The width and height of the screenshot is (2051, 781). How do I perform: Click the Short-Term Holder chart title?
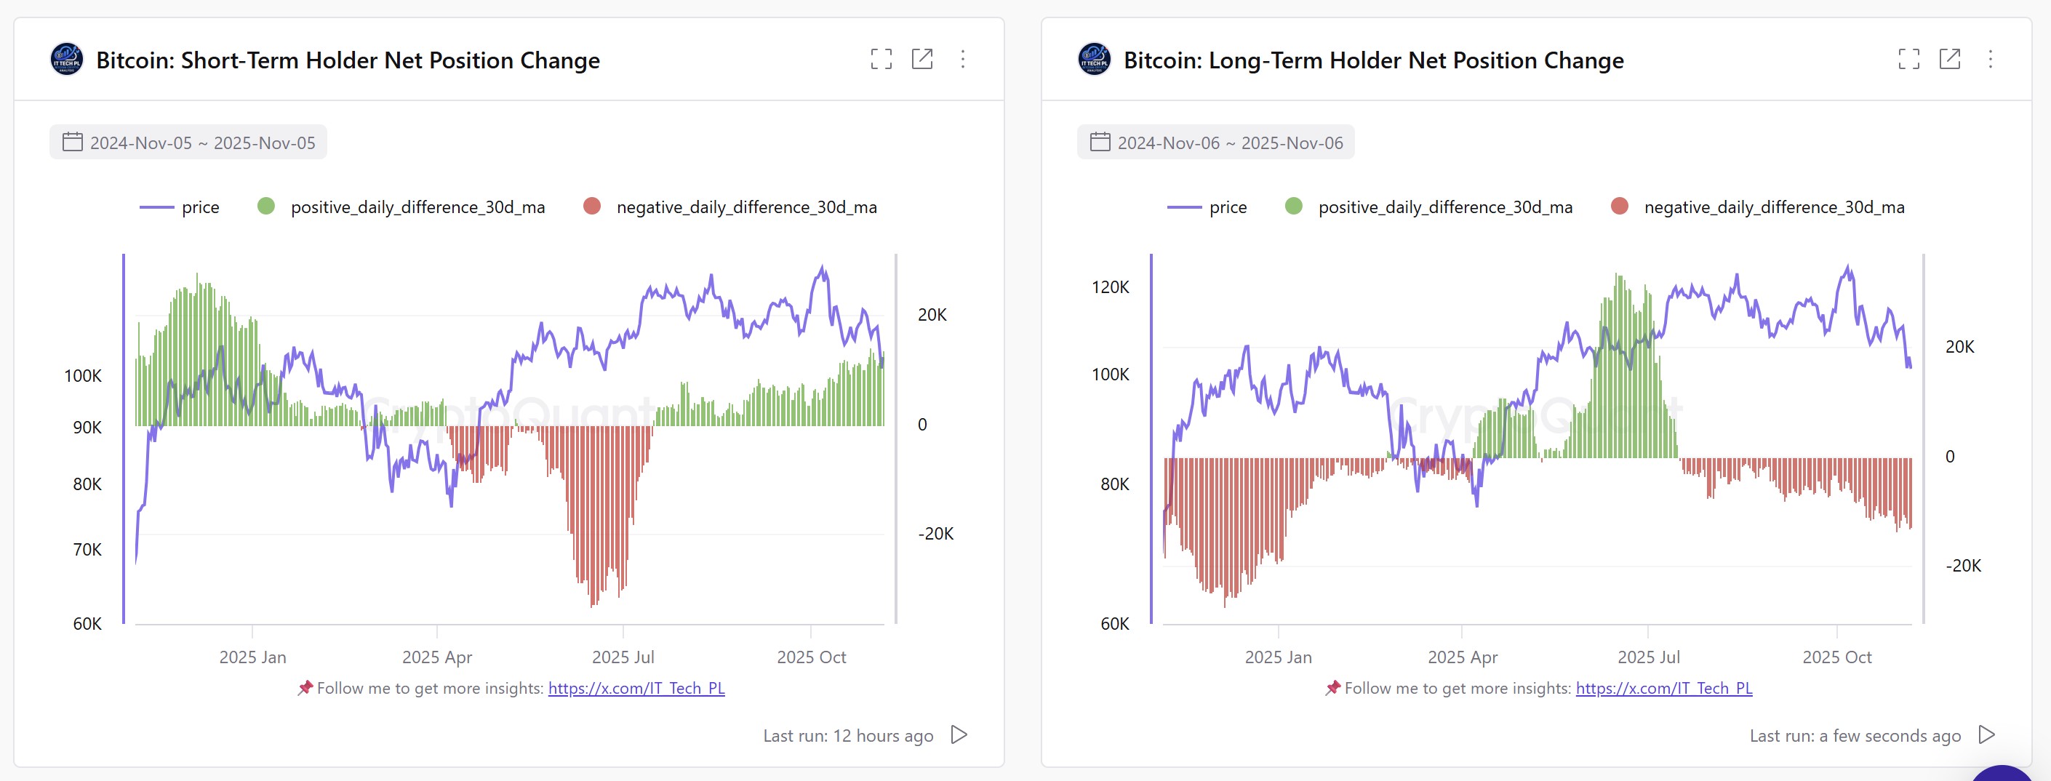(347, 60)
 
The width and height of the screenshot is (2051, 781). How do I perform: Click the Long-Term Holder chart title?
(1372, 60)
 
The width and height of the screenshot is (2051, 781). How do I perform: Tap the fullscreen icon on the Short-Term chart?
(881, 59)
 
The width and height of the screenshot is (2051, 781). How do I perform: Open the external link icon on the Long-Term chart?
(1949, 59)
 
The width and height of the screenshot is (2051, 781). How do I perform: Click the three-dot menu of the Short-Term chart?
(963, 59)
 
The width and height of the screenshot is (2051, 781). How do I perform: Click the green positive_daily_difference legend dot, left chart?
(266, 207)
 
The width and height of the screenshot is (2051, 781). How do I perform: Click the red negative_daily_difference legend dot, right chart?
(1619, 207)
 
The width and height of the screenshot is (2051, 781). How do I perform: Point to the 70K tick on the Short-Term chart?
(87, 549)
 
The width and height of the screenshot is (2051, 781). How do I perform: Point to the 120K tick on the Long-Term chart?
(1110, 287)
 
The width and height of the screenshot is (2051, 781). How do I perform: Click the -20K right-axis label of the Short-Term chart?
(935, 534)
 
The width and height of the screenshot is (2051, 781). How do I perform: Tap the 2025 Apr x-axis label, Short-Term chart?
(436, 657)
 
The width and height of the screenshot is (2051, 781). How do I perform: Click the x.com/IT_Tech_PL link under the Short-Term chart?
(636, 688)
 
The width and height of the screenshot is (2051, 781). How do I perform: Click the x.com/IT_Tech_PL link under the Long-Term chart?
(1663, 688)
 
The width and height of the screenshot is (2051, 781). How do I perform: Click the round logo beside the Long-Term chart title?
(1094, 60)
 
